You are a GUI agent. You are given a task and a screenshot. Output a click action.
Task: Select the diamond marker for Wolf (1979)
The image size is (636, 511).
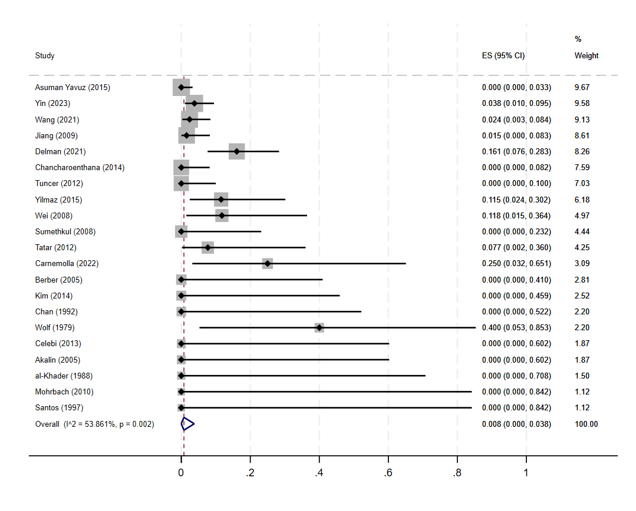319,327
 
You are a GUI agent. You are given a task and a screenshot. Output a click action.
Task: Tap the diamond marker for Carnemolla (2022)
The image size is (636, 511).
268,263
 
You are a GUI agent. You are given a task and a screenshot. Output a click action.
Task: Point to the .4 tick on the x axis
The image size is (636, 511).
319,472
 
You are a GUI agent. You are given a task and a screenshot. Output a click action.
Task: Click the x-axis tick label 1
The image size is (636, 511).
526,472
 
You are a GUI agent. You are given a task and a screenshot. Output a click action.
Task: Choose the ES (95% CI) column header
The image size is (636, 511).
503,56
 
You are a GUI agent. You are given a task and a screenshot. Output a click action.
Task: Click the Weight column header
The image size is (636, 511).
586,56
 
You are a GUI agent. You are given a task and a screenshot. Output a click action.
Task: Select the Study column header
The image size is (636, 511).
45,56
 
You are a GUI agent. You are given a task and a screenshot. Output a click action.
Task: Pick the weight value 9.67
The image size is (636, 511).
582,87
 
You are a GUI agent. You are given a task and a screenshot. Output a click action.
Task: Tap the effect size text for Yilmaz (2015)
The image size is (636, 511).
516,200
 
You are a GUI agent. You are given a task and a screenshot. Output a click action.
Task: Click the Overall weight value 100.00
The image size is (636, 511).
586,424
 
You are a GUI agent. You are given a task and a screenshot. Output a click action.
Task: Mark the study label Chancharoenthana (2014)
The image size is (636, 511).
80,167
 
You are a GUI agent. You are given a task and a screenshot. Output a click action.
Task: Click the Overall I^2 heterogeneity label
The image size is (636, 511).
94,424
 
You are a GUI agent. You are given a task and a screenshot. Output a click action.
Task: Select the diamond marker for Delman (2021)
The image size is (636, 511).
237,151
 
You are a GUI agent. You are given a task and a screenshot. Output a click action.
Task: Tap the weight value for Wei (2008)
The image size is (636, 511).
582,215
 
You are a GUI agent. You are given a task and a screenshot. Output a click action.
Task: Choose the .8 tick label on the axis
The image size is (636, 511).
457,472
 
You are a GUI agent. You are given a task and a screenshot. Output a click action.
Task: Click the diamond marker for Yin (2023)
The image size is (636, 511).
194,104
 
